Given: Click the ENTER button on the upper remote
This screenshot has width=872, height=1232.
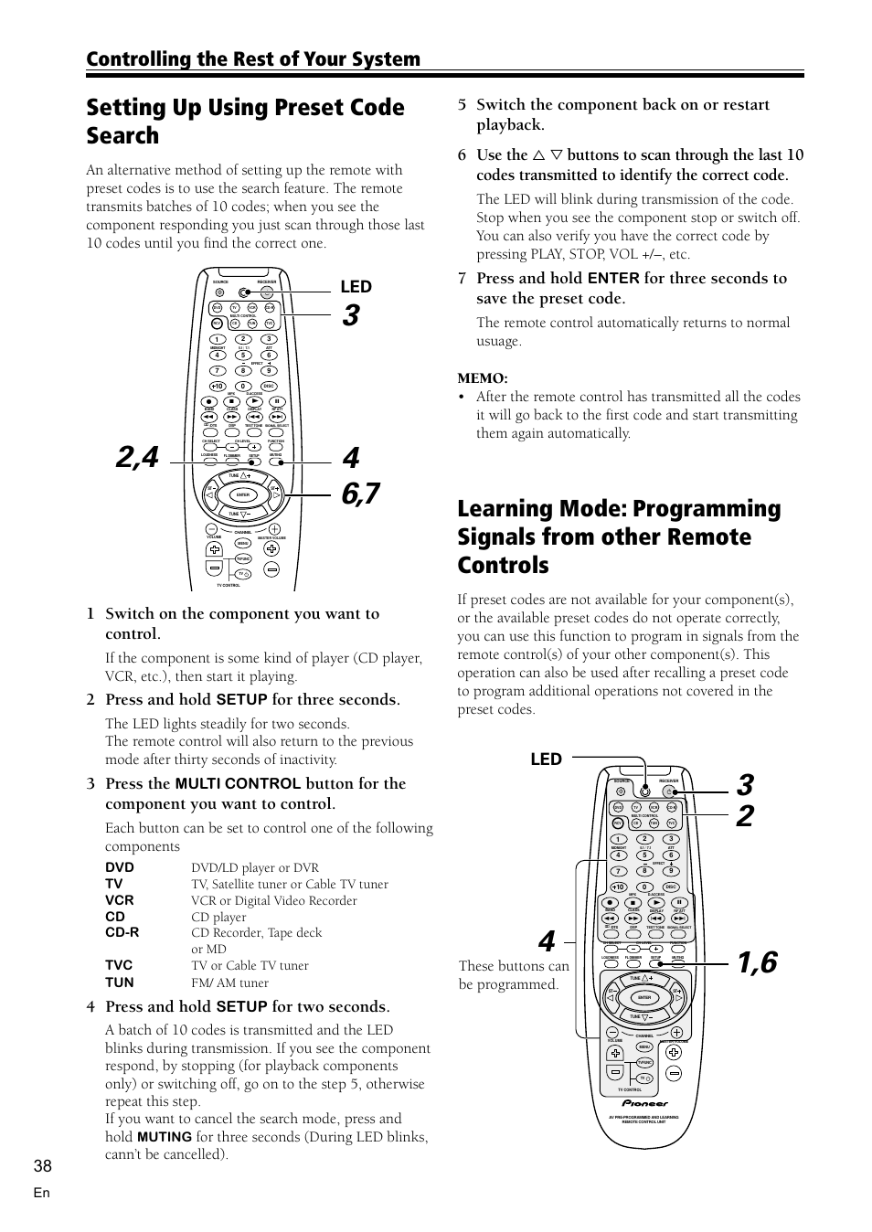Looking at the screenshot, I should pos(243,494).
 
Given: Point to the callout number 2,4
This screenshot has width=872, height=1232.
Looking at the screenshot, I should pos(137,457).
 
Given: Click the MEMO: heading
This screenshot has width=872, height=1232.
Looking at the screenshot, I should pos(483,378).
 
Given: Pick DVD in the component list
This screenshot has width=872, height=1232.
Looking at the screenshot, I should pos(120,867).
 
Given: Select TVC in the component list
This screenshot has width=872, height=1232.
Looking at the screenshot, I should pos(119,965).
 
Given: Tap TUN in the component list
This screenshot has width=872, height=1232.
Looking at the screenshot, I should pos(119,982).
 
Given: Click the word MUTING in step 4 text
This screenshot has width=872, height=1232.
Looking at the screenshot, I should pos(165,1137).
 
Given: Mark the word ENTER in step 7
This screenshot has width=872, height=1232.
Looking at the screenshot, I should pos(613,279).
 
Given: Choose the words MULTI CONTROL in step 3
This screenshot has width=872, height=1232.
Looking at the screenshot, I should pos(238,784).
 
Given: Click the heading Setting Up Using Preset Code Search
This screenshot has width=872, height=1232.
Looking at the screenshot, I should pos(245,121).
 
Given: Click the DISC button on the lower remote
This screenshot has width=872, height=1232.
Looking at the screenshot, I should pos(670,887).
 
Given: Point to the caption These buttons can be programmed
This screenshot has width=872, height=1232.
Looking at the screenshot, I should pos(514,975).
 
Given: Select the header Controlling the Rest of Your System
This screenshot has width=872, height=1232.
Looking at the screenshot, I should pos(253,59).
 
